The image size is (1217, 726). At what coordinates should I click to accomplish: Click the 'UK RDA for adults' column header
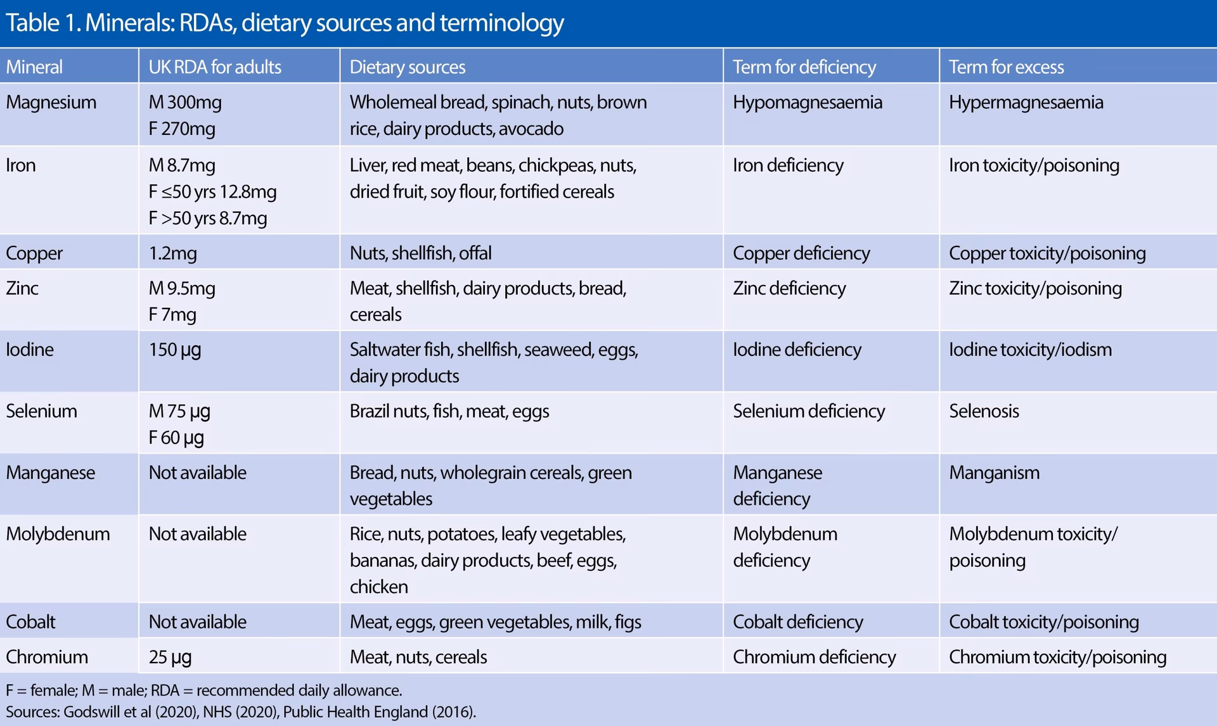[214, 67]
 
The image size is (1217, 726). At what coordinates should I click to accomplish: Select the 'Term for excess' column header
[1006, 67]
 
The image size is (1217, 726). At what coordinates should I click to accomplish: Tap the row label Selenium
[41, 411]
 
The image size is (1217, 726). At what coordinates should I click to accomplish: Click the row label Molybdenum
[58, 534]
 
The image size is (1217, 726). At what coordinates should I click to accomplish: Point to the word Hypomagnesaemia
[807, 102]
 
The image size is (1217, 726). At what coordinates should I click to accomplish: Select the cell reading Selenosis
[984, 411]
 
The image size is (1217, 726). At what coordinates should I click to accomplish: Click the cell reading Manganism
[994, 473]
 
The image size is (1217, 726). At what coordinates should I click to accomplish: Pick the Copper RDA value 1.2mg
[172, 253]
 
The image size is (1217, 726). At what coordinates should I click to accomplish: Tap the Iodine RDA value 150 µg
[174, 350]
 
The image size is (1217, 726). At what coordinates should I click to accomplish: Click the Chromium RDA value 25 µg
[170, 657]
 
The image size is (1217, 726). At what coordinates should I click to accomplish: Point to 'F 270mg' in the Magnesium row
[182, 129]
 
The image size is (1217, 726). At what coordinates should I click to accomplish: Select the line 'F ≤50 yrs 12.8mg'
[212, 191]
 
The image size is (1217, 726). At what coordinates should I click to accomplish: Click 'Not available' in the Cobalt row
[197, 622]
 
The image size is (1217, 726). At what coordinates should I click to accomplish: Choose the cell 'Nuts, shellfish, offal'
[420, 253]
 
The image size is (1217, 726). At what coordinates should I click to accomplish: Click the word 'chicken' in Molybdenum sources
[378, 587]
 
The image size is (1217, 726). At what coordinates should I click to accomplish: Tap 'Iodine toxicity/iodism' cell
[1030, 350]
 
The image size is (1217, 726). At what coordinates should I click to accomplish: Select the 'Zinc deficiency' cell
[789, 288]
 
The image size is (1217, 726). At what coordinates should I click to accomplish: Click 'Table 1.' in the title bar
[42, 23]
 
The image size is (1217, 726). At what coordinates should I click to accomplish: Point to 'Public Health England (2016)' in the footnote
[378, 712]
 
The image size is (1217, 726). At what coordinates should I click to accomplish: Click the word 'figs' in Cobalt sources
[628, 622]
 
